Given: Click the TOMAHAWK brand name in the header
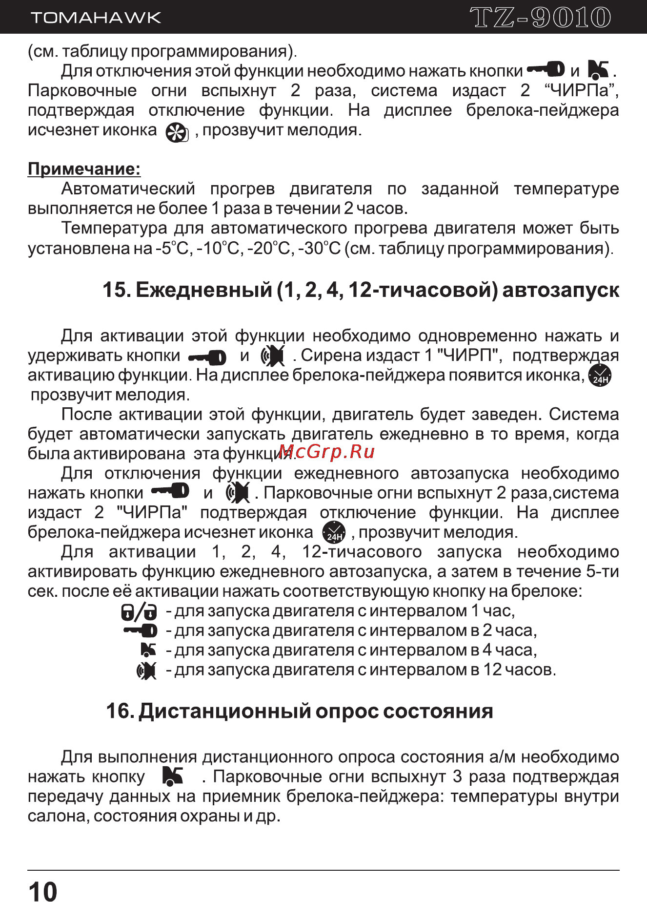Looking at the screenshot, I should pos(96,18).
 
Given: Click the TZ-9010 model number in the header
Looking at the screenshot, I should pos(540,18).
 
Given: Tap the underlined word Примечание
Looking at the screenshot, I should pos(84,169).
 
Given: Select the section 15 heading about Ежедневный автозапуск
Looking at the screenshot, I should pos(361,290).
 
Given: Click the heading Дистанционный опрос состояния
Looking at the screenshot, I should pos(299,711).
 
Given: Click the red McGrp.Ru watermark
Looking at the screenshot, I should pos(327,452).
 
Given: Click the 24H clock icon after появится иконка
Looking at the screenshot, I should pos(600,376).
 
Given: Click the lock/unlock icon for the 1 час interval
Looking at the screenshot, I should pos(139,611).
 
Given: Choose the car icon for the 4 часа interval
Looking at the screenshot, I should pos(148,650).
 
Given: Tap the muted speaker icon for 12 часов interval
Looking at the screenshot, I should pos(146,671).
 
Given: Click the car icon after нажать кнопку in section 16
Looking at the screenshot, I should pos(173,776).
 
